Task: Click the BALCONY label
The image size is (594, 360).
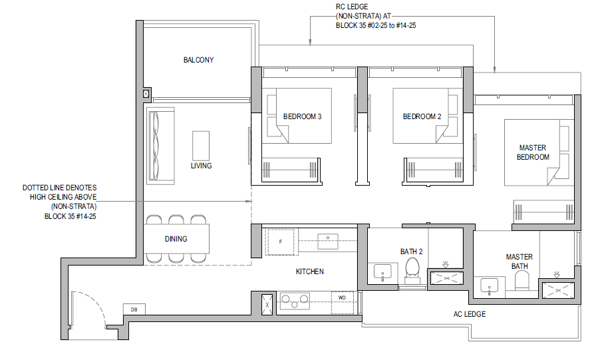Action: pyautogui.click(x=198, y=60)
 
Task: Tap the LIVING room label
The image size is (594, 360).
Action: pyautogui.click(x=201, y=166)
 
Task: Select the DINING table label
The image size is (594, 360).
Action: pyautogui.click(x=176, y=239)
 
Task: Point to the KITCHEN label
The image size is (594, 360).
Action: pyautogui.click(x=310, y=271)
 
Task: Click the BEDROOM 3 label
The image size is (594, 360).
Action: pyautogui.click(x=302, y=116)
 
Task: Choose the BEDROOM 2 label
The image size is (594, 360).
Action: pyautogui.click(x=422, y=116)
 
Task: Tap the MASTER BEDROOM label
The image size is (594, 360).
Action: pyautogui.click(x=533, y=152)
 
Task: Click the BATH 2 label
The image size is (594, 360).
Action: pyautogui.click(x=411, y=252)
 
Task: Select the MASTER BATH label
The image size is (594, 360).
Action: pyautogui.click(x=520, y=262)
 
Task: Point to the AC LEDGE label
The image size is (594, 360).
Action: pyautogui.click(x=470, y=314)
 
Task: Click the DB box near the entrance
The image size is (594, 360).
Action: pyautogui.click(x=134, y=309)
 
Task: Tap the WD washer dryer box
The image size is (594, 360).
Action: pyautogui.click(x=343, y=302)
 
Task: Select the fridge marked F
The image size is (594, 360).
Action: pyautogui.click(x=281, y=242)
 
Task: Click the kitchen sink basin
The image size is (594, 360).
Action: pyautogui.click(x=328, y=242)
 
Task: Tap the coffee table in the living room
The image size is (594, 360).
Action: pyautogui.click(x=201, y=146)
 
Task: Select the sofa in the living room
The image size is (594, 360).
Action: pyautogui.click(x=160, y=146)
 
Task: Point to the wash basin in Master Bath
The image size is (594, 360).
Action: pyautogui.click(x=489, y=287)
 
